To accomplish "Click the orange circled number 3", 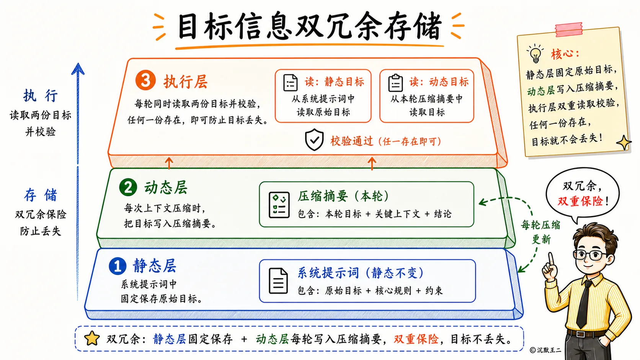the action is pyautogui.click(x=145, y=80).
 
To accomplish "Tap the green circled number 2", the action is pyautogui.click(x=128, y=187).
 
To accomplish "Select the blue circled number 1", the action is pyautogui.click(x=118, y=266).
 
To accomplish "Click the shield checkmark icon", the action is pyautogui.click(x=314, y=140).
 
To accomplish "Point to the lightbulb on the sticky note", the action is pyautogui.click(x=535, y=53).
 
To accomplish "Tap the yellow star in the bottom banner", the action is pyautogui.click(x=92, y=338).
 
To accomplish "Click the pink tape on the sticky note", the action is pyautogui.click(x=568, y=30).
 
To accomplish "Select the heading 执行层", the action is pyautogui.click(x=185, y=82).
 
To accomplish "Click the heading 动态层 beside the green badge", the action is pyautogui.click(x=166, y=187).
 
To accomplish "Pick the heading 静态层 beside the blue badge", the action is pyautogui.click(x=154, y=266).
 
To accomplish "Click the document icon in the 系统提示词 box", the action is pyautogui.click(x=278, y=281).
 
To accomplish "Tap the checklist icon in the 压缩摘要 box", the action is pyautogui.click(x=279, y=205).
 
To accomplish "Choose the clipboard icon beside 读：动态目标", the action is pyautogui.click(x=396, y=83).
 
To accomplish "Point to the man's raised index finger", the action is pyautogui.click(x=551, y=259).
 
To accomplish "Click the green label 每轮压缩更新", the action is pyautogui.click(x=540, y=232).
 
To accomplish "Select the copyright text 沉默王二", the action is pyautogui.click(x=549, y=350).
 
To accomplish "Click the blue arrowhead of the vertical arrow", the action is pyautogui.click(x=78, y=69).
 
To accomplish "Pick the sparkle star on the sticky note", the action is pyautogui.click(x=624, y=142).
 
